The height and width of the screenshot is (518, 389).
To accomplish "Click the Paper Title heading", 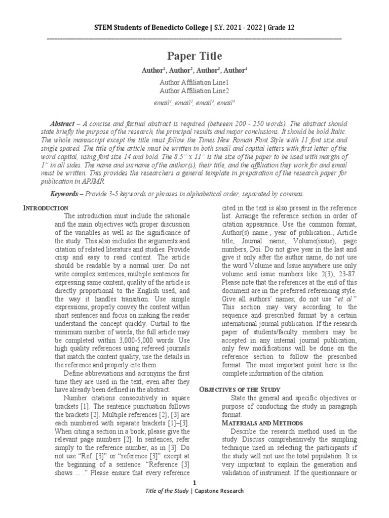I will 194,56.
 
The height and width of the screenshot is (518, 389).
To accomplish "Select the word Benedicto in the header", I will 175,27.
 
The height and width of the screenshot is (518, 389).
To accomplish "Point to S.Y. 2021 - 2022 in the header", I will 234,27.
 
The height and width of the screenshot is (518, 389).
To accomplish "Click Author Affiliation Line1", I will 194,82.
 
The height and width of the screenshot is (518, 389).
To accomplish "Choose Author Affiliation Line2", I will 194,91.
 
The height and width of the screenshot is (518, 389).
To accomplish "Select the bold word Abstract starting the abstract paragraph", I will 63,124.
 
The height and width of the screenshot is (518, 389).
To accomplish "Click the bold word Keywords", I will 65,194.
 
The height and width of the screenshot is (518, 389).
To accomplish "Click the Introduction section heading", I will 47,208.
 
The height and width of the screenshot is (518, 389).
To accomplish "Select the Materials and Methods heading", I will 263,422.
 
